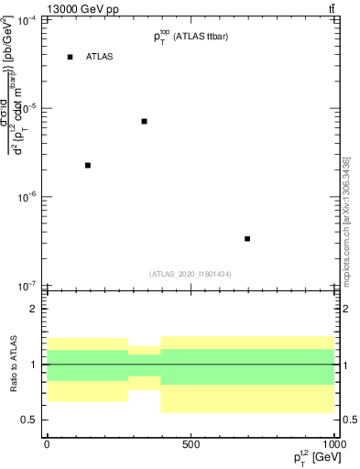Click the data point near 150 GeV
88,165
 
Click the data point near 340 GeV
145,121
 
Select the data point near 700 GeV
247,238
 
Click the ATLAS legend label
99,57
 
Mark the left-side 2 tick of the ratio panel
35,309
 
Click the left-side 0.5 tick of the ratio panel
31,420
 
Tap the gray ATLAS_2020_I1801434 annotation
191,274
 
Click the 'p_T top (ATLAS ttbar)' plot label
191,37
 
